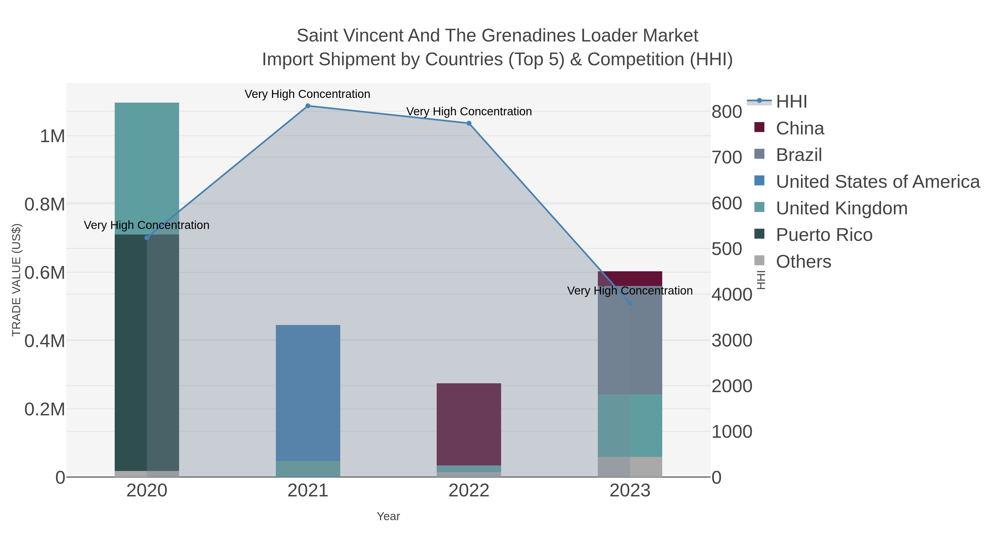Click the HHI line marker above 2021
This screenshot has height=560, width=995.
[308, 106]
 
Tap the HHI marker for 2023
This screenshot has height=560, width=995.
[630, 303]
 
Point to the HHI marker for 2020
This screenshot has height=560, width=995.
[147, 238]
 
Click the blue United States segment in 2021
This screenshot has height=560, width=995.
[308, 392]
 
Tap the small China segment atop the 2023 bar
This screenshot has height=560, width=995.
[630, 278]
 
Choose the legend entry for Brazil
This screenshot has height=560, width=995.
[798, 155]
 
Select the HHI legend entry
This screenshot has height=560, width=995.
[791, 102]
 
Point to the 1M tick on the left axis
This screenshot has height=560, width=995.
[52, 136]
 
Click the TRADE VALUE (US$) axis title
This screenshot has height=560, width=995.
[16, 280]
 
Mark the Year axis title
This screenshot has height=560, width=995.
[388, 516]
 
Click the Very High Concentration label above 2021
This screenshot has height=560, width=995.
[307, 94]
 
